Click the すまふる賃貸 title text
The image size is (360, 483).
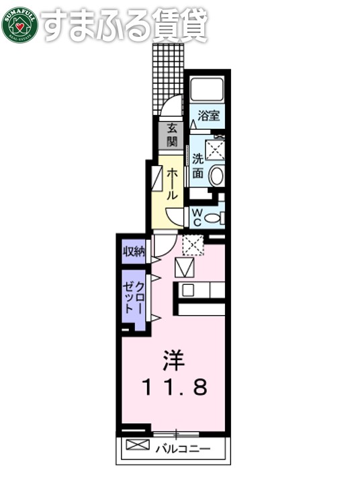pos(124,25)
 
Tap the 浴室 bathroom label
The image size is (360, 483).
pos(209,115)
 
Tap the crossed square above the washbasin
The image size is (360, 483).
pos(215,149)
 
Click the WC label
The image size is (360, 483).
pos(197,217)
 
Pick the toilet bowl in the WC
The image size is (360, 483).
pos(214,218)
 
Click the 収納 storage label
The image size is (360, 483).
pos(134,252)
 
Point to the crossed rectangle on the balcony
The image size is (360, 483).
pos(136,445)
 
